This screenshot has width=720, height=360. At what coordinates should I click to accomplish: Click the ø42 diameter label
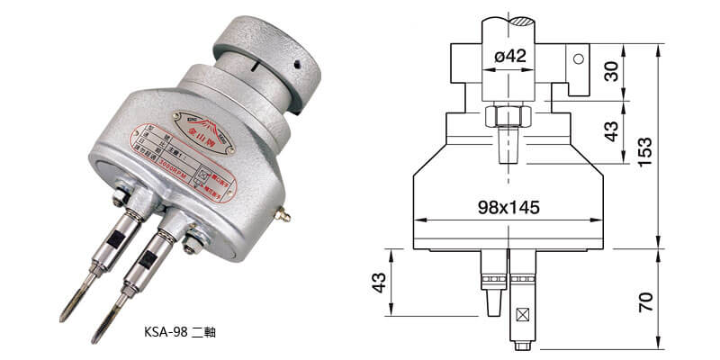click(x=509, y=57)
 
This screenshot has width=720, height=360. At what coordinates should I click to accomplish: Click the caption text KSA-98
click(x=164, y=331)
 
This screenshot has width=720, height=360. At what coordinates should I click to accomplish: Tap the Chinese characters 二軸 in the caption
click(x=204, y=331)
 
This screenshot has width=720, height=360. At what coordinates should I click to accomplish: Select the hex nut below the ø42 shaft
click(x=509, y=117)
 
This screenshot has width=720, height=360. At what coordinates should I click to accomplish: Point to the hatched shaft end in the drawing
click(x=509, y=20)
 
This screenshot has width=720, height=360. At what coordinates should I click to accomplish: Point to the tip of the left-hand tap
click(x=64, y=317)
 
